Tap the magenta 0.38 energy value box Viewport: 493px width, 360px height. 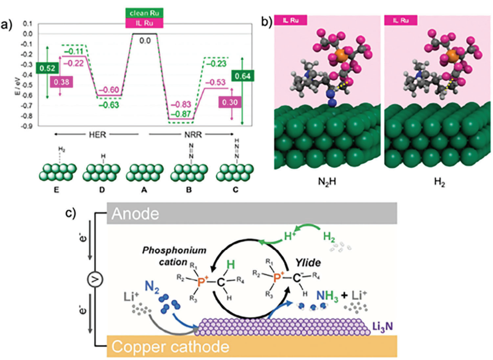pyautogui.click(x=62, y=82)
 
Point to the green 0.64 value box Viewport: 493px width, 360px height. pyautogui.click(x=242, y=75)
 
